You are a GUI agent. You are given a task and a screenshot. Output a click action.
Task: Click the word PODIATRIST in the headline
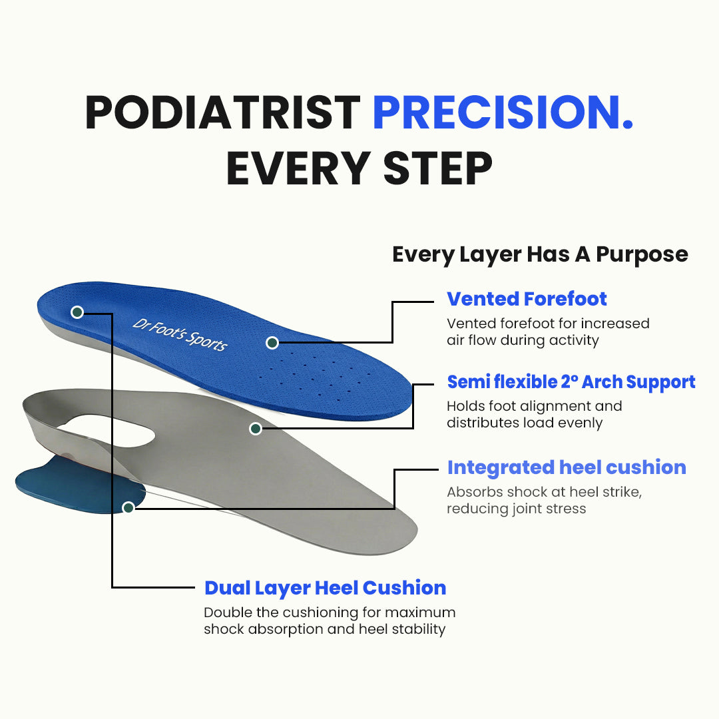[x=222, y=113]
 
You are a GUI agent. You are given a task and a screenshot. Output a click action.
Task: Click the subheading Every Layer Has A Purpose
[x=540, y=254]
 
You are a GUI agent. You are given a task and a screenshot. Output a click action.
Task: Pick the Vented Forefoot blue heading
[x=527, y=299]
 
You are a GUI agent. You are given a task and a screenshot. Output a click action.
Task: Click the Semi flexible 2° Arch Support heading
[x=571, y=381]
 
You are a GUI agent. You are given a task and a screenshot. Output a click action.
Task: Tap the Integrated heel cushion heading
[x=566, y=467]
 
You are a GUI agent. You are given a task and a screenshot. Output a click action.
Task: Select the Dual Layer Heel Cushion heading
[x=325, y=588]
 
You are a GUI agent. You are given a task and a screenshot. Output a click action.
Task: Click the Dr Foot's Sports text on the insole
[x=180, y=334]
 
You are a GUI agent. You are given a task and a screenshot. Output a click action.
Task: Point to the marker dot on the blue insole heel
[x=77, y=312]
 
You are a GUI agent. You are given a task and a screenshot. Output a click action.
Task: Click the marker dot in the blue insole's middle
[x=272, y=343]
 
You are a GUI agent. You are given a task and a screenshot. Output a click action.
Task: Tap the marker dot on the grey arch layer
[x=255, y=429]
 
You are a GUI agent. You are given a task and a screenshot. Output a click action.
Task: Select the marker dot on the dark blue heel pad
[x=128, y=507]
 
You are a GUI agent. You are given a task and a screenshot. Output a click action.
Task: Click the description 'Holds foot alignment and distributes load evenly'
[x=534, y=414]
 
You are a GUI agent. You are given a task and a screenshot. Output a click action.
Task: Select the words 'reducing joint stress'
[x=516, y=509]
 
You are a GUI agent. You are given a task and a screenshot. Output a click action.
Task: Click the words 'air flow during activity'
[x=523, y=340]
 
